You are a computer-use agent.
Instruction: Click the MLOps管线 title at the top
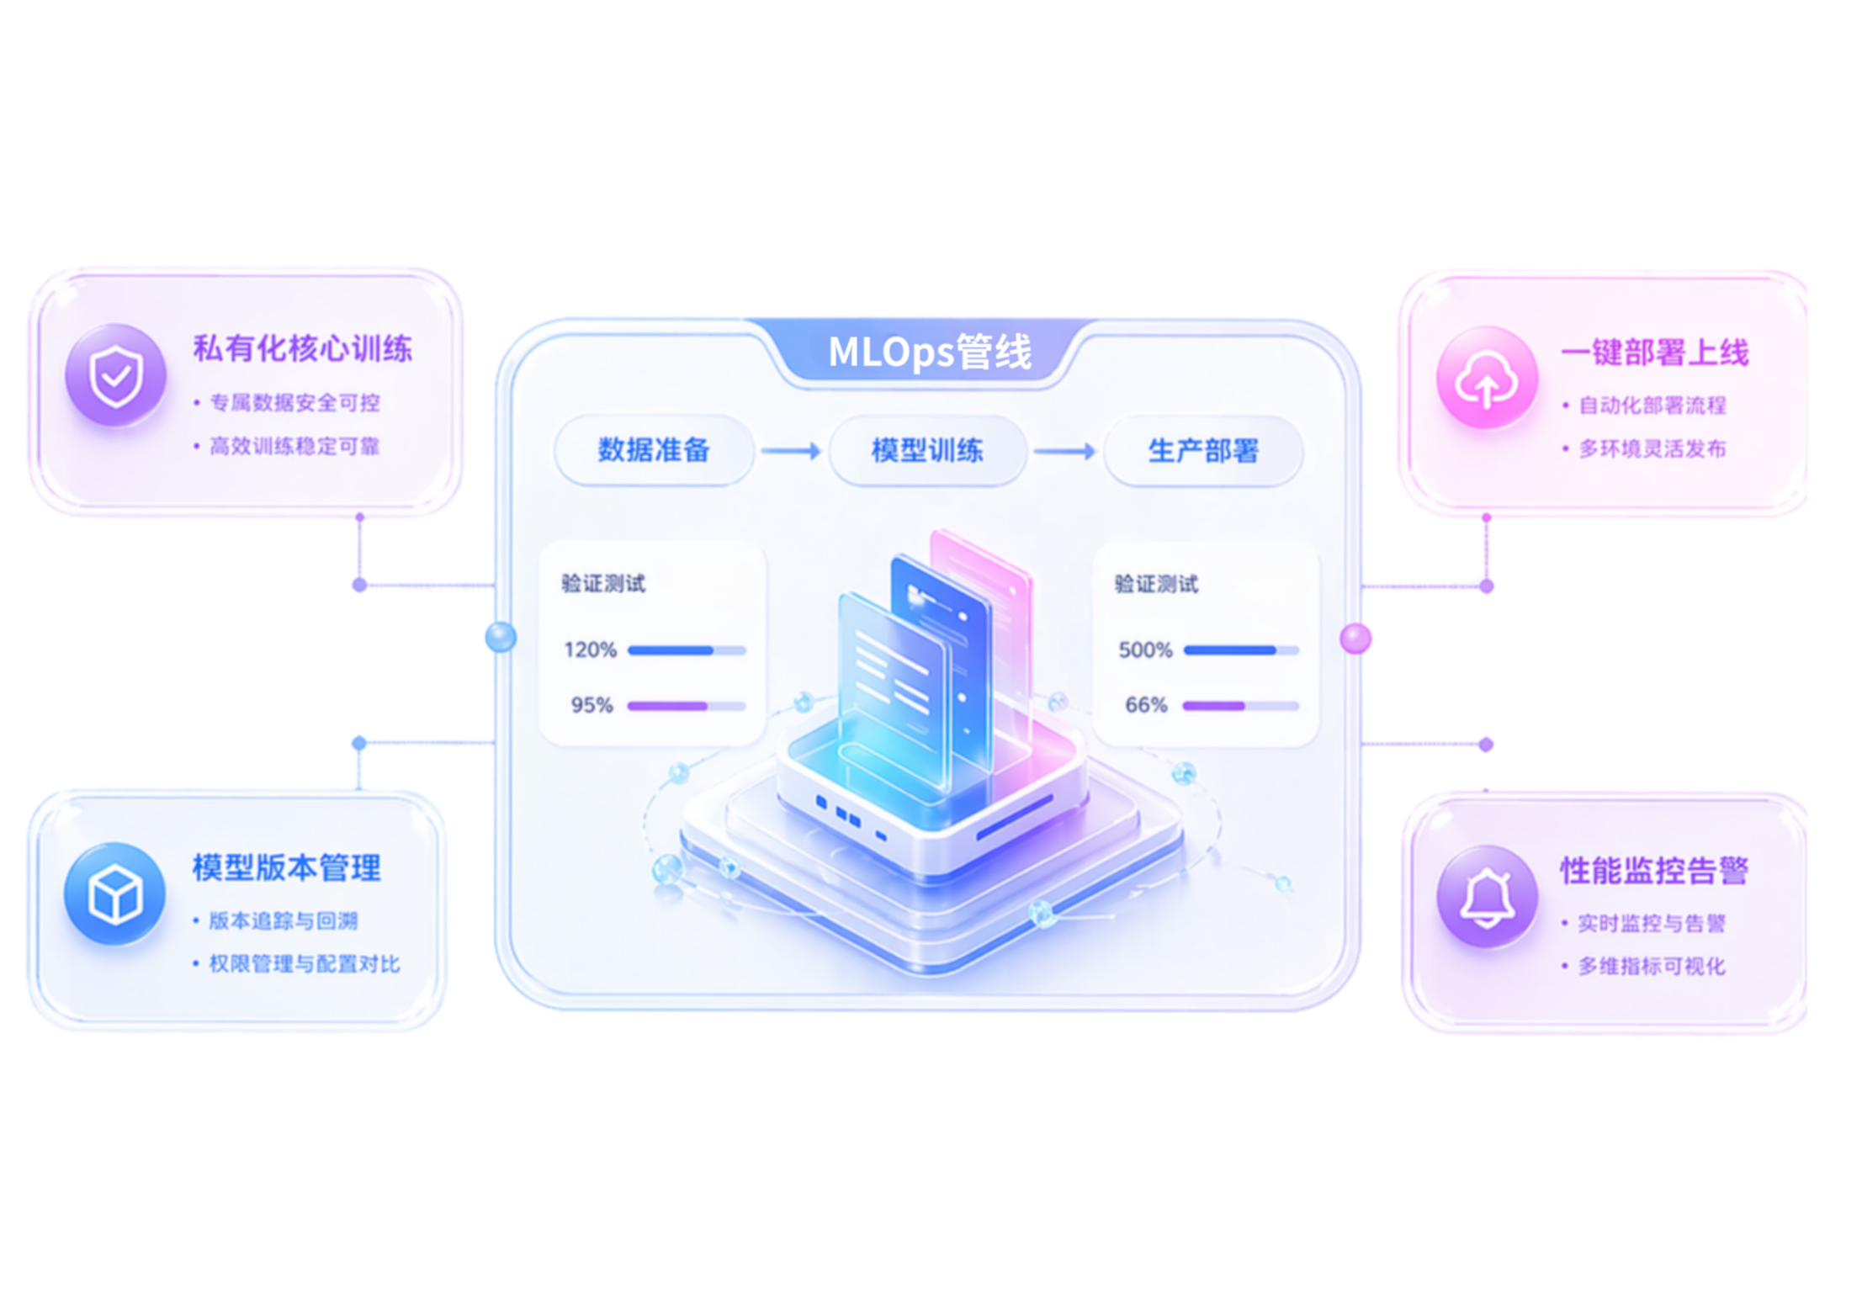coord(930,352)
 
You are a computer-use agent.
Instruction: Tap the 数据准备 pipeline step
coord(654,450)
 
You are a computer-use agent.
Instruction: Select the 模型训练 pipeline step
coord(927,451)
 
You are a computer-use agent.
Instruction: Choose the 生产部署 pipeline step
coord(1203,451)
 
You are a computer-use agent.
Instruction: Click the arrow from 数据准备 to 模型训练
coord(791,451)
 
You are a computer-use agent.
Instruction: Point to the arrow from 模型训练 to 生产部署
coord(1065,452)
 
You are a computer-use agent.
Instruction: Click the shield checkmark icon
coord(116,375)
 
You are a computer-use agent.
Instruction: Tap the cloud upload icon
coord(1487,378)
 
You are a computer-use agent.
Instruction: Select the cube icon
coord(114,893)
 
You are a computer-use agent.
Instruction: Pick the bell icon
coord(1487,896)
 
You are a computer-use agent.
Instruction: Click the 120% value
coord(590,650)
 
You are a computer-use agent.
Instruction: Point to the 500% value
coord(1145,650)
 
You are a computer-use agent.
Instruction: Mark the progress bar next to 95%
coord(687,706)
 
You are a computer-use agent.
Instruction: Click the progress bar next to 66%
coord(1241,706)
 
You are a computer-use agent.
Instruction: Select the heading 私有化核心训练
coord(303,348)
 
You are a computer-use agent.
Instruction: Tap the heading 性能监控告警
coord(1655,870)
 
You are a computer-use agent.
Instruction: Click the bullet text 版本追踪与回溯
coord(284,920)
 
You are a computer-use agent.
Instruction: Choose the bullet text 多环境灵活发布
coord(1652,448)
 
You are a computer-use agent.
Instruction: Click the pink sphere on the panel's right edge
coord(1355,639)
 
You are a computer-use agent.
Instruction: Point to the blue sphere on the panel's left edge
coord(501,637)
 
